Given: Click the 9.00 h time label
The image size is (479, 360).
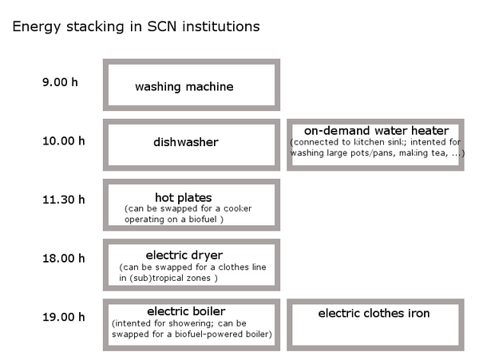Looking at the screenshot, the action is [x=60, y=82].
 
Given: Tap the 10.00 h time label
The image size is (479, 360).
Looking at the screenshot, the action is [x=64, y=141].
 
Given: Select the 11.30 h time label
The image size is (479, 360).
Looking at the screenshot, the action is [x=64, y=200].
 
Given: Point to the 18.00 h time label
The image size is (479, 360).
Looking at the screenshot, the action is [x=64, y=259].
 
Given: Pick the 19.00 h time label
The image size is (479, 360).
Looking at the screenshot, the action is [x=64, y=317].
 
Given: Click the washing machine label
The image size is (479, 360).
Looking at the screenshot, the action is [x=184, y=87].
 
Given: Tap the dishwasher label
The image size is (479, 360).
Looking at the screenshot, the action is [x=186, y=142].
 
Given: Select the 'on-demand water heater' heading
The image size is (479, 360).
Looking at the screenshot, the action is [x=376, y=131].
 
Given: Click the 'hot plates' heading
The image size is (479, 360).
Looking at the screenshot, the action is [x=184, y=198].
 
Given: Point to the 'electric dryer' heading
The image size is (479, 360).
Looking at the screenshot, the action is [x=184, y=255].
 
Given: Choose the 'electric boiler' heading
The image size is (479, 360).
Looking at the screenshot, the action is [x=186, y=311].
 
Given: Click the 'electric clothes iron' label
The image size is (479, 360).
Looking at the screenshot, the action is [x=374, y=313].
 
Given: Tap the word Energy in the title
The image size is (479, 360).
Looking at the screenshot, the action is [x=37, y=27].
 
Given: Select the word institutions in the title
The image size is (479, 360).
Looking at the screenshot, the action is [x=221, y=26].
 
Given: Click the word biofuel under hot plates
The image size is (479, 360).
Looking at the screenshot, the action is [x=203, y=220].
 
